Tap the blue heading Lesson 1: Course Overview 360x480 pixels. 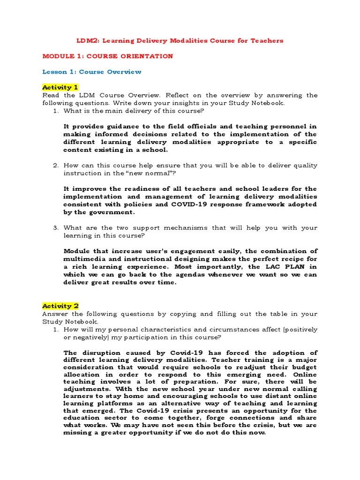(92, 72)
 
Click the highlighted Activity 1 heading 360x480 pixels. (60, 87)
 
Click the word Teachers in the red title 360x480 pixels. (267, 41)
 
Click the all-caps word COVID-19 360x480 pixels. (190, 204)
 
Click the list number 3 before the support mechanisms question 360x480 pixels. (55, 228)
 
